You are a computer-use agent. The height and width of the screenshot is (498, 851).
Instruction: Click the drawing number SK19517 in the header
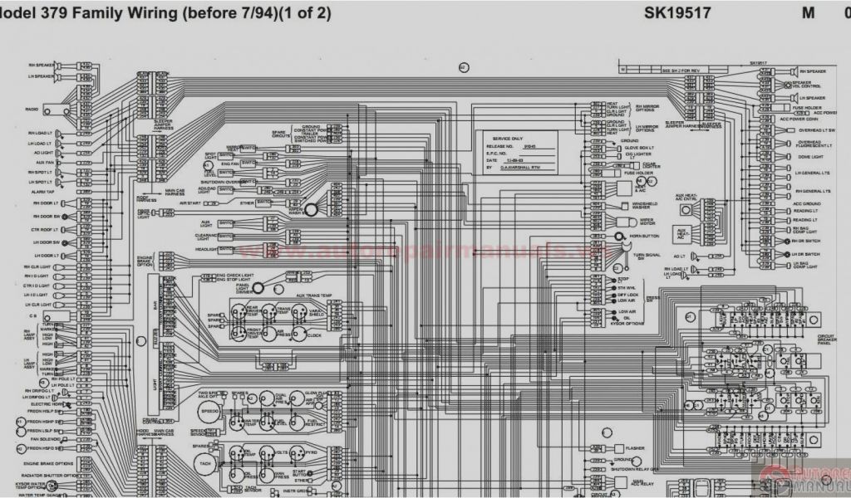(x=676, y=12)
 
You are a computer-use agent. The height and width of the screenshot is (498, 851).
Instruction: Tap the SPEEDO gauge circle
(x=209, y=411)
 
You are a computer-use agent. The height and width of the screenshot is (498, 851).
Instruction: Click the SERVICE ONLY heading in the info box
(x=508, y=138)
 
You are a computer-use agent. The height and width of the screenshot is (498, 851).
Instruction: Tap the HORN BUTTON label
(x=647, y=237)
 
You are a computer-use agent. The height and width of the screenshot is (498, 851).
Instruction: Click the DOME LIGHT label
(x=811, y=157)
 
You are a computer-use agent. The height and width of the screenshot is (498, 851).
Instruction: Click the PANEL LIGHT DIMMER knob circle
(x=258, y=287)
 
